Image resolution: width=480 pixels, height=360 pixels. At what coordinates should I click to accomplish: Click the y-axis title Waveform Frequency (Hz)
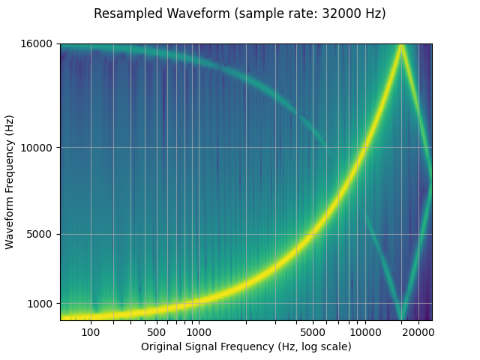[x=10, y=181]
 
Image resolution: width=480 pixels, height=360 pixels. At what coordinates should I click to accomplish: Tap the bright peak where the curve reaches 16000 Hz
[x=402, y=46]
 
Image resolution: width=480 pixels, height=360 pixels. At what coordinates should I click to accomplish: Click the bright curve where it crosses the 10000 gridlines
[x=364, y=147]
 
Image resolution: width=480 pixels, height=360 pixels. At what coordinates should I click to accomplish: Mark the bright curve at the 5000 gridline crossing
[x=312, y=234]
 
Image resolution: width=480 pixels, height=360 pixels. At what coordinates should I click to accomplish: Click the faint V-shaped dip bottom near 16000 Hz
[x=402, y=318]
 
